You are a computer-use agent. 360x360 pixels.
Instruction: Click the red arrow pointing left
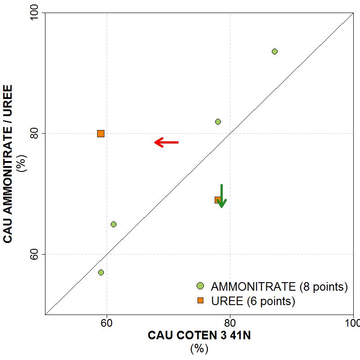(x=166, y=142)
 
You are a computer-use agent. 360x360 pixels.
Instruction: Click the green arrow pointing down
(x=221, y=196)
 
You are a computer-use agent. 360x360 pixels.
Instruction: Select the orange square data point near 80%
(x=101, y=133)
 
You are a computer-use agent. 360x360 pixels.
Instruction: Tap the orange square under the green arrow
(x=218, y=200)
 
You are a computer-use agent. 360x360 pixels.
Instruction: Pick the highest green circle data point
(x=274, y=51)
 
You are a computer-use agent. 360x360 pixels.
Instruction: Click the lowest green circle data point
(x=101, y=272)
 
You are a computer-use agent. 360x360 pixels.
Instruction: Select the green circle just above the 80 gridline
(x=218, y=121)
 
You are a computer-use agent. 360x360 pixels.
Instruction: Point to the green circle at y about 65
(x=113, y=224)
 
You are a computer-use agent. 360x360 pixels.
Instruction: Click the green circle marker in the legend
(x=200, y=286)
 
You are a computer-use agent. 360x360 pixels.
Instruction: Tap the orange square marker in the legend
(x=200, y=301)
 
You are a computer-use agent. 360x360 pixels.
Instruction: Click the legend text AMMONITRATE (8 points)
(x=279, y=287)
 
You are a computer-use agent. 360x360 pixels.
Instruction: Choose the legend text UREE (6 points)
(x=253, y=301)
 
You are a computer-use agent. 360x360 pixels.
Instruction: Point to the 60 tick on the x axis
(x=107, y=324)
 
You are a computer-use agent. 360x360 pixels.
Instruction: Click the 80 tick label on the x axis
(x=230, y=324)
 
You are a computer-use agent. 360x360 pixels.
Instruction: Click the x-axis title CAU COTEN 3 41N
(x=198, y=336)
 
